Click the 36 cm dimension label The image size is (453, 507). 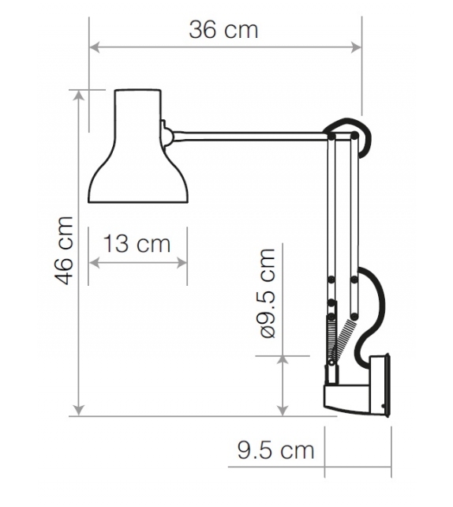(x=223, y=30)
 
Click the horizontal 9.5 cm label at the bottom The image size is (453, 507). (x=275, y=451)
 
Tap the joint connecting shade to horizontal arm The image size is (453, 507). (x=167, y=133)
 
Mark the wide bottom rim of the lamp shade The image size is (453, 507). (x=138, y=201)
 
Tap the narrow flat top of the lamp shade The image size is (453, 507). (x=138, y=91)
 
